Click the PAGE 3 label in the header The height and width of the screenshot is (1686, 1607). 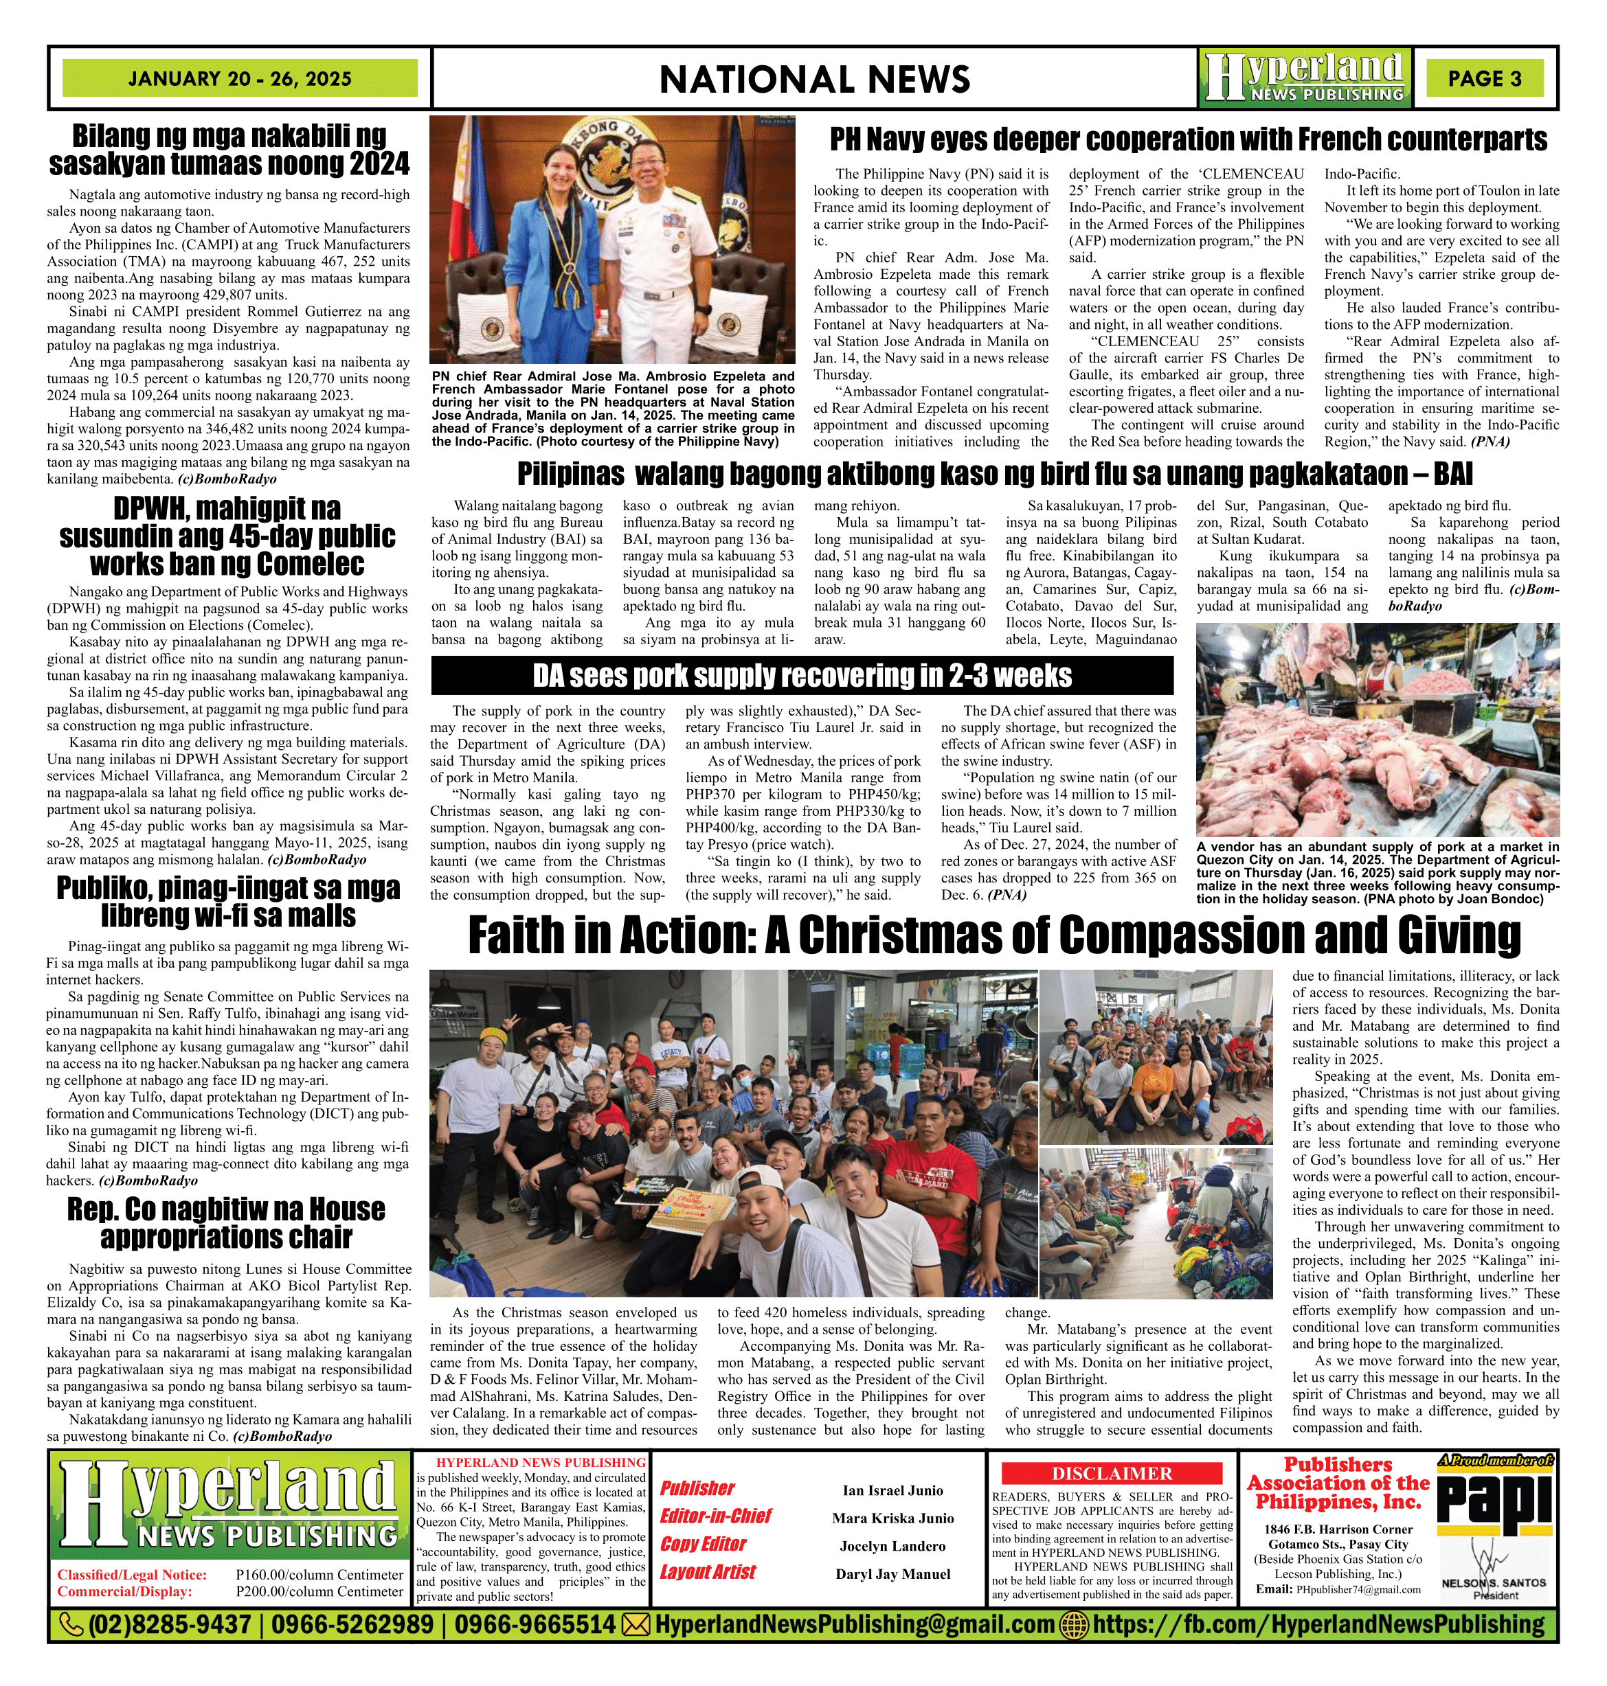tap(1485, 79)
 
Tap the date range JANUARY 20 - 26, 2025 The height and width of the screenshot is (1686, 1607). tap(240, 79)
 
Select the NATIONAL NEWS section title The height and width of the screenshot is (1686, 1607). tap(815, 80)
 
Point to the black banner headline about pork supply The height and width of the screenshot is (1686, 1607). tap(802, 676)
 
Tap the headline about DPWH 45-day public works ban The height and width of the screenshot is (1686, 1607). tap(227, 536)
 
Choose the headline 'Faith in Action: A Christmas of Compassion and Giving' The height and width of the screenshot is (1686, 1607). tap(993, 935)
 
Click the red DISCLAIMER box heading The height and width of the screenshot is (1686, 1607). tap(1112, 1473)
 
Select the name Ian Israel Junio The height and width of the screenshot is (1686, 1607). tap(892, 1491)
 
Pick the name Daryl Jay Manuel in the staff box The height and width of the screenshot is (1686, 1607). tap(892, 1574)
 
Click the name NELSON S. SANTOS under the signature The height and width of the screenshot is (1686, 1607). tap(1494, 1583)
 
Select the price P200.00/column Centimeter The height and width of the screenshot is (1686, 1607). tap(319, 1592)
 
